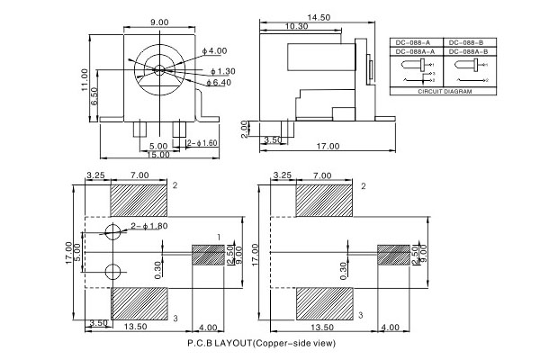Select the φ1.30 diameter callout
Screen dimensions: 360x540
pos(222,70)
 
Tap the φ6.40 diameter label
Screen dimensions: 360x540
pos(219,83)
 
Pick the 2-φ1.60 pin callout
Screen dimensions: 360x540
pos(202,142)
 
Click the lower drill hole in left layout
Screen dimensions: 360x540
pos(112,272)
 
